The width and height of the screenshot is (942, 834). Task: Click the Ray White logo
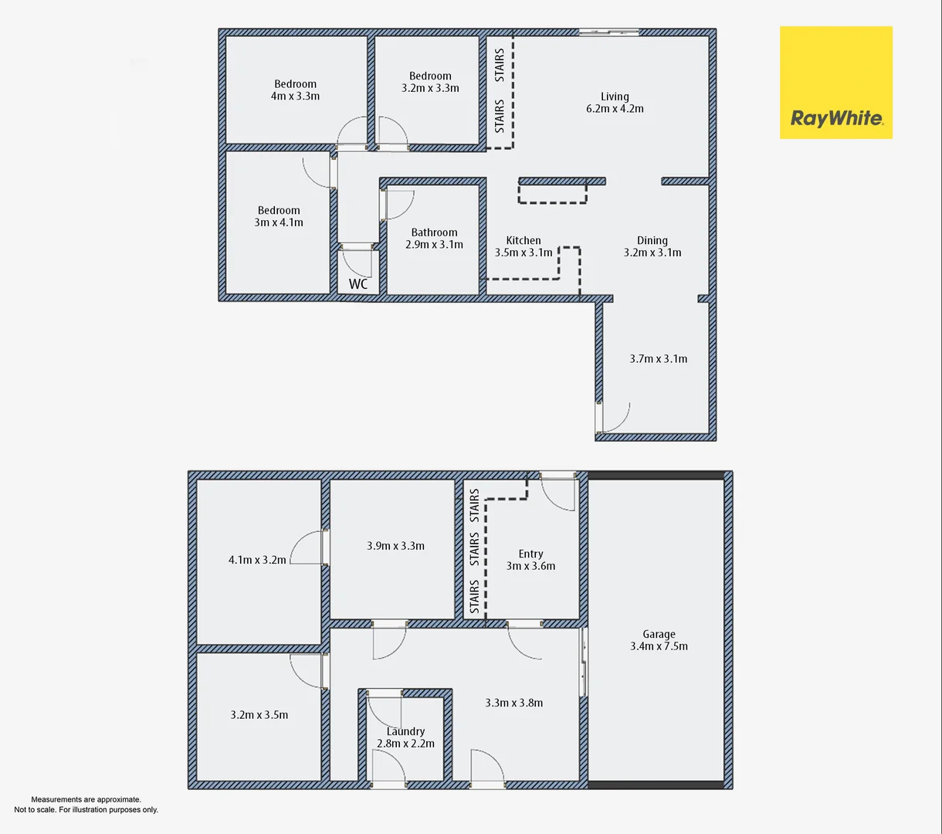point(836,83)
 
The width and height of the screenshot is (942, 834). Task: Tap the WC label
point(358,284)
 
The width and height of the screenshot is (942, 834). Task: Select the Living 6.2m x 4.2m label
point(615,103)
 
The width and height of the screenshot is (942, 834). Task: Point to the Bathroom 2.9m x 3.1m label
point(434,239)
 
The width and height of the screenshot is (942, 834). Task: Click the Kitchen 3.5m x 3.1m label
point(524,246)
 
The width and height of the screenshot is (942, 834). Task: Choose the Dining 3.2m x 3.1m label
point(652,246)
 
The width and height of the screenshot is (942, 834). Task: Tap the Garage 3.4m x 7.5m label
point(659,640)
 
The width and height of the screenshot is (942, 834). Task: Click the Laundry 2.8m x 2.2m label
point(405,737)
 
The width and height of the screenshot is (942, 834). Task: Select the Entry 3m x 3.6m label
point(530,560)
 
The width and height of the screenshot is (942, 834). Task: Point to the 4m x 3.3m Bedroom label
point(295,90)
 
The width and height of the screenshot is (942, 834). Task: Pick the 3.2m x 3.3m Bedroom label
point(430,82)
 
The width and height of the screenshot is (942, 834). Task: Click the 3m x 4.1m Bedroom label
point(279,216)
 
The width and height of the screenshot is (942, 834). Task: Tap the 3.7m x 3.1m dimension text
point(658,359)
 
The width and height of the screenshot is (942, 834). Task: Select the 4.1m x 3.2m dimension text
point(257,560)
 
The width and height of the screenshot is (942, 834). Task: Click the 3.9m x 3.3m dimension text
point(395,546)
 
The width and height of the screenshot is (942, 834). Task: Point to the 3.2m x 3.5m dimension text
point(259,715)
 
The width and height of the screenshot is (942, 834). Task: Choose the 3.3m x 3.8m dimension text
point(514,703)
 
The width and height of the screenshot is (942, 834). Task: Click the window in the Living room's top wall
point(609,32)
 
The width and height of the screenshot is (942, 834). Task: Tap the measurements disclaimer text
point(86,805)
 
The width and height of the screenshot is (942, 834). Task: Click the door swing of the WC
point(358,261)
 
